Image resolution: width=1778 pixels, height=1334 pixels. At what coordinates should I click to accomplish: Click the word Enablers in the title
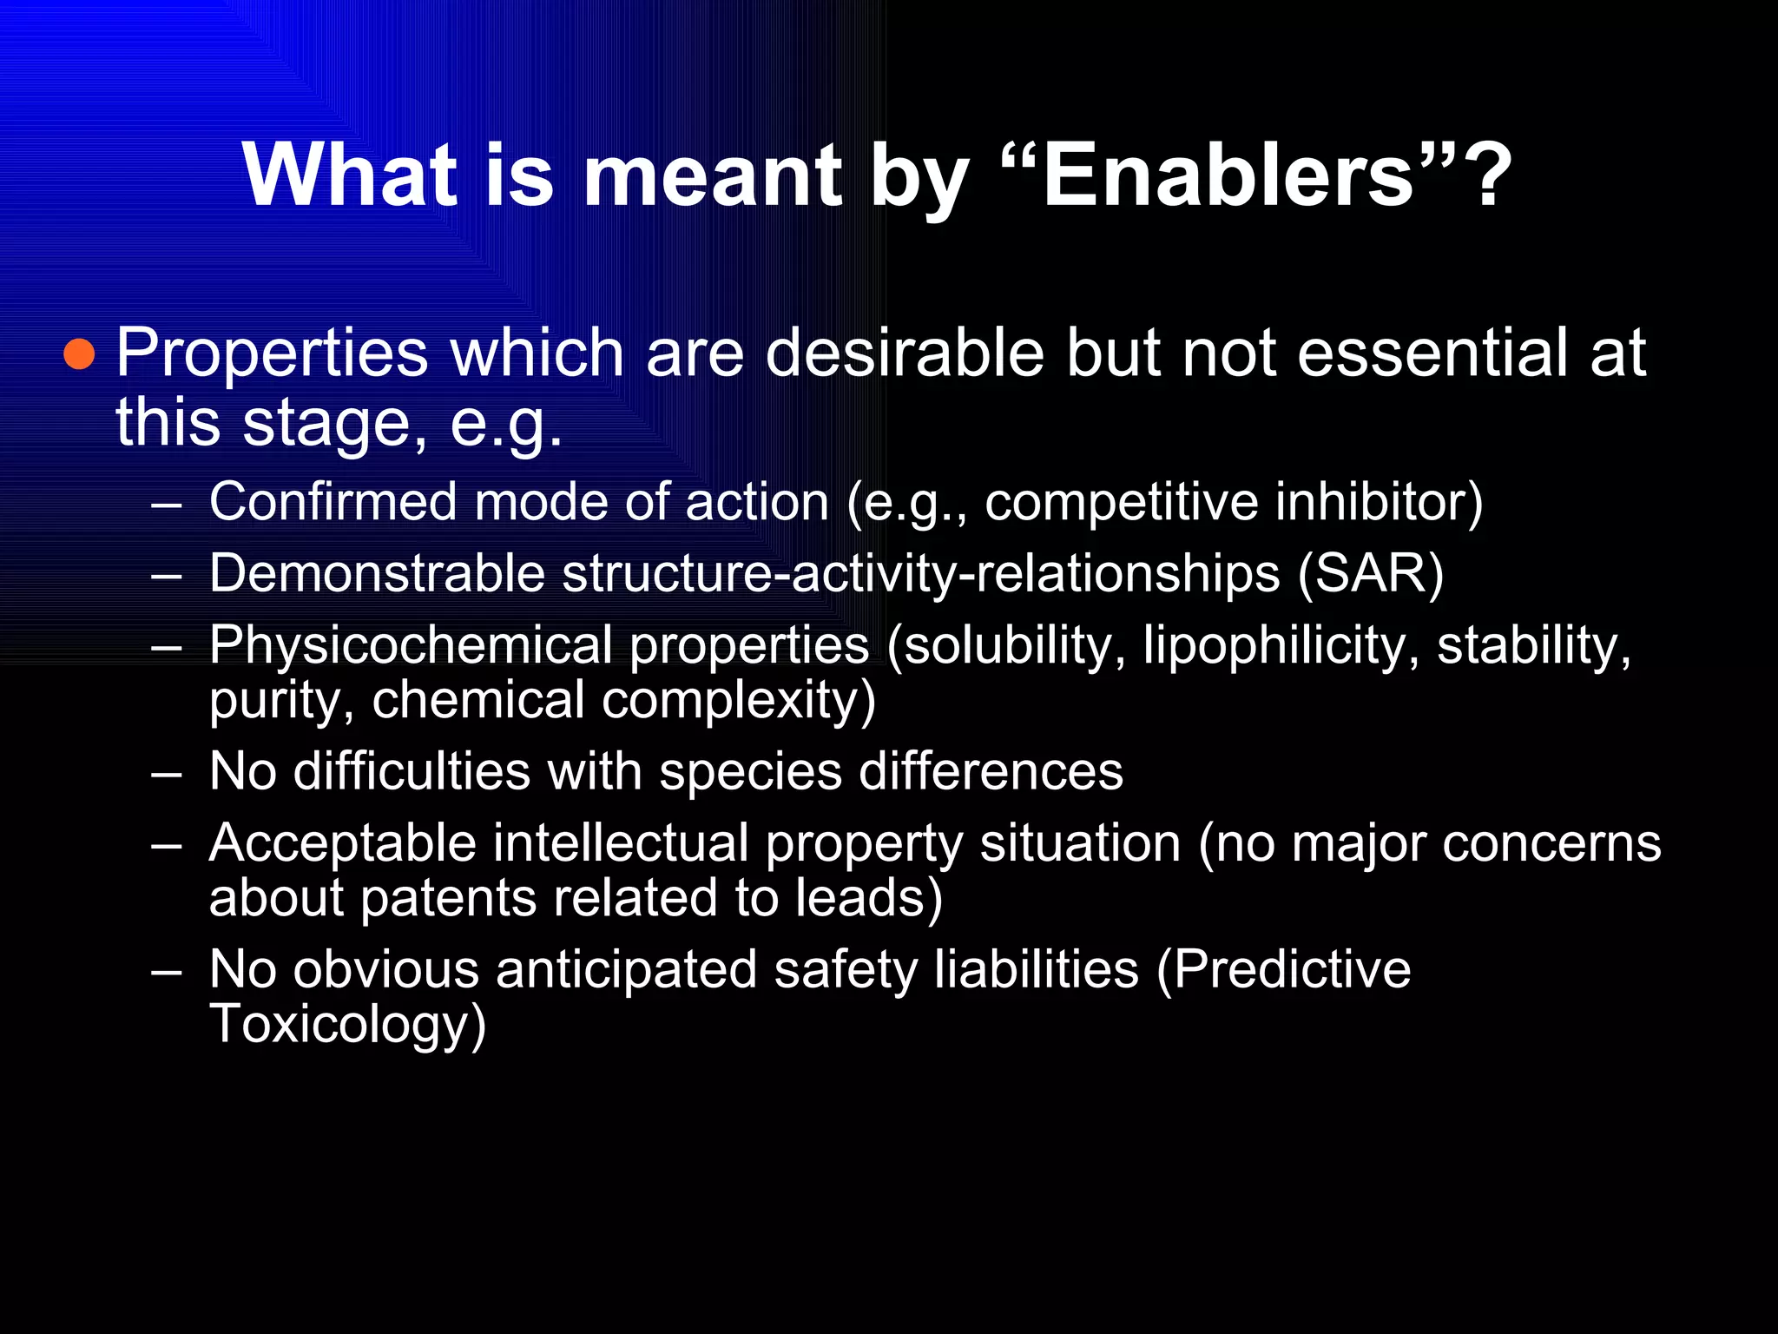pyautogui.click(x=1228, y=176)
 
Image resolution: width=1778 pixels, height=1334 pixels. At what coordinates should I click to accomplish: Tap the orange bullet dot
pyautogui.click(x=79, y=354)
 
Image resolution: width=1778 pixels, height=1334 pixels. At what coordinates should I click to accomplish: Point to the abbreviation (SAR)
pyautogui.click(x=1371, y=574)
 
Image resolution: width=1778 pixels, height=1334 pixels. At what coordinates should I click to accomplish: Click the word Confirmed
pyautogui.click(x=333, y=502)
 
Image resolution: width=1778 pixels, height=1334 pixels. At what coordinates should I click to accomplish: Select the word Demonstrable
pyautogui.click(x=377, y=574)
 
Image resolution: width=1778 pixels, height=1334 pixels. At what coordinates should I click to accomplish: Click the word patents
pyautogui.click(x=447, y=898)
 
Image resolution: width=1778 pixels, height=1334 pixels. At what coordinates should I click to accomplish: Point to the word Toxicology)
pyautogui.click(x=347, y=1025)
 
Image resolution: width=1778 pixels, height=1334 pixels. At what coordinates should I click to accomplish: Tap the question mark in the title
pyautogui.click(x=1492, y=176)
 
